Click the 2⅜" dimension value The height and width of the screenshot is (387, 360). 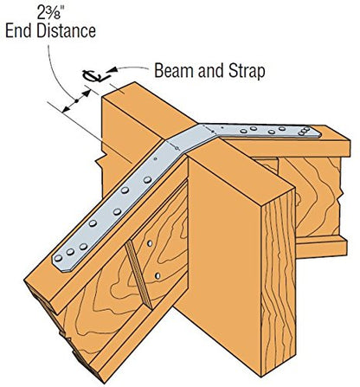[x=49, y=12]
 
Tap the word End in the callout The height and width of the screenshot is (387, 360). [x=19, y=31]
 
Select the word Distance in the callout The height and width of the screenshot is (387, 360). [x=66, y=31]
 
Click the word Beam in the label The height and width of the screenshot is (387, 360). [x=170, y=71]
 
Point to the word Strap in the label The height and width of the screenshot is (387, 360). [x=247, y=71]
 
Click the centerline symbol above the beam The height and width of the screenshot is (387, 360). [x=93, y=75]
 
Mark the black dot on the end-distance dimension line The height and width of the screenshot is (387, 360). [x=76, y=101]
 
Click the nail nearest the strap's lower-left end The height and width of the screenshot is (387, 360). [x=58, y=258]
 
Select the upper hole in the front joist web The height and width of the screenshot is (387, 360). [x=150, y=243]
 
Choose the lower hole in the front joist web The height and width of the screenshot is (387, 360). [x=157, y=275]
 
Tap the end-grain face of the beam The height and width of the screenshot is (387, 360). [x=279, y=284]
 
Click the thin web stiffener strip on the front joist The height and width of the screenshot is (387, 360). [x=138, y=274]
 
